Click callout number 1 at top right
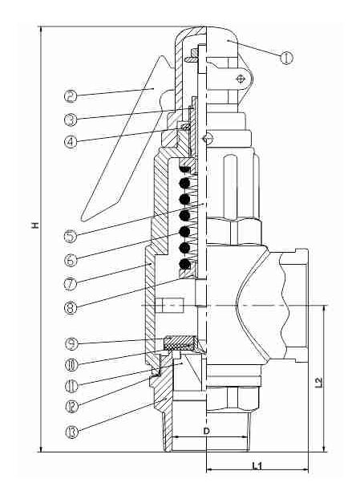tap(288, 57)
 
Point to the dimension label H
tap(34, 227)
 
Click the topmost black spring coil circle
tap(186, 170)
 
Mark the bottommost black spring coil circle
tap(186, 264)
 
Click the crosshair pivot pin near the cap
tap(241, 79)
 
